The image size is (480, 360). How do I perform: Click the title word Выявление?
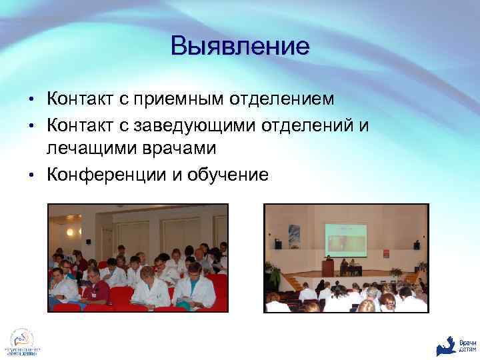[x=240, y=46]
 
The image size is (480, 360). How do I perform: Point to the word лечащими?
[x=89, y=148]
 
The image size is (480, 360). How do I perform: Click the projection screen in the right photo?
[x=345, y=238]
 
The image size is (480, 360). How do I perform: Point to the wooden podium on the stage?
[x=327, y=267]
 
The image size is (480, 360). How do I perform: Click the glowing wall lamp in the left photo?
[x=69, y=232]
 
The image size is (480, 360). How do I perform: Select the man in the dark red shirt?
[x=95, y=288]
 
